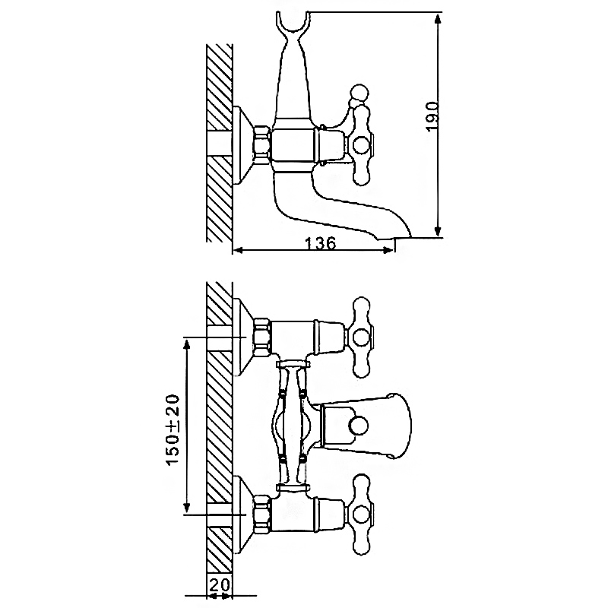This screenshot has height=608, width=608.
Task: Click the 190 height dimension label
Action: (x=433, y=116)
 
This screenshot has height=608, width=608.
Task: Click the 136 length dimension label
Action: (x=321, y=243)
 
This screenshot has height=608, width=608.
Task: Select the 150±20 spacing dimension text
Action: (x=173, y=429)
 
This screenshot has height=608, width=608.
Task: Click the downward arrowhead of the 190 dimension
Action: (x=439, y=230)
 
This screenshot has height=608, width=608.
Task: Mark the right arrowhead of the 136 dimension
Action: (x=388, y=251)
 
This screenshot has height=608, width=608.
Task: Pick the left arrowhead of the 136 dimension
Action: (x=238, y=251)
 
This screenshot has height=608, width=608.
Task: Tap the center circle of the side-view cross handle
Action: (x=360, y=144)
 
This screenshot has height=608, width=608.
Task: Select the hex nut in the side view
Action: (x=261, y=143)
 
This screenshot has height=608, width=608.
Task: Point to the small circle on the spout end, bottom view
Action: (x=357, y=426)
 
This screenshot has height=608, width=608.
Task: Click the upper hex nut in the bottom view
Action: (x=261, y=337)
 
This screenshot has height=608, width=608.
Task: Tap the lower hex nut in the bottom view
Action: (x=261, y=514)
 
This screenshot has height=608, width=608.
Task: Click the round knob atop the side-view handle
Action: (x=359, y=93)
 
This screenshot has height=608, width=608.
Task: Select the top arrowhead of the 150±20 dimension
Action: (x=187, y=344)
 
